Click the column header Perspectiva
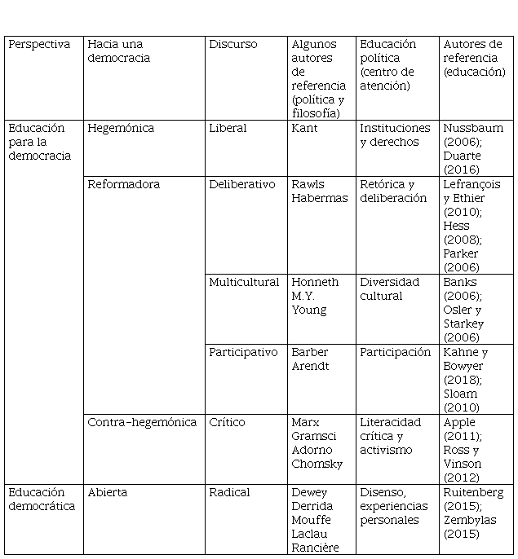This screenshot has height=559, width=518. [39, 45]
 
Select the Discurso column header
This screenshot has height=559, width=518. [232, 45]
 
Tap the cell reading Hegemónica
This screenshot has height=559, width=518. [120, 129]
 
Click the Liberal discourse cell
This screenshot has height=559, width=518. [228, 129]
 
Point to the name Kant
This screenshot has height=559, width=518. [304, 129]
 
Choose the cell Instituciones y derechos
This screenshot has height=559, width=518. [395, 135]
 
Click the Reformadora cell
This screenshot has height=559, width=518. [123, 185]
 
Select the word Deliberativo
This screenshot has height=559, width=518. [242, 185]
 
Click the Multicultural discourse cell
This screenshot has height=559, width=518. [244, 283]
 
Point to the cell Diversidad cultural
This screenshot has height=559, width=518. [389, 289]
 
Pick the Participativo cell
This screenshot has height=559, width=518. [242, 353]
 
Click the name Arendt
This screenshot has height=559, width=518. [309, 367]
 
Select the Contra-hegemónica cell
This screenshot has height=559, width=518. [142, 423]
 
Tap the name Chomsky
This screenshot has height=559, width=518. [317, 464]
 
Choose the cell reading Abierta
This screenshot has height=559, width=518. [108, 493]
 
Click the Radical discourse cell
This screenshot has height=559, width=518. [229, 493]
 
